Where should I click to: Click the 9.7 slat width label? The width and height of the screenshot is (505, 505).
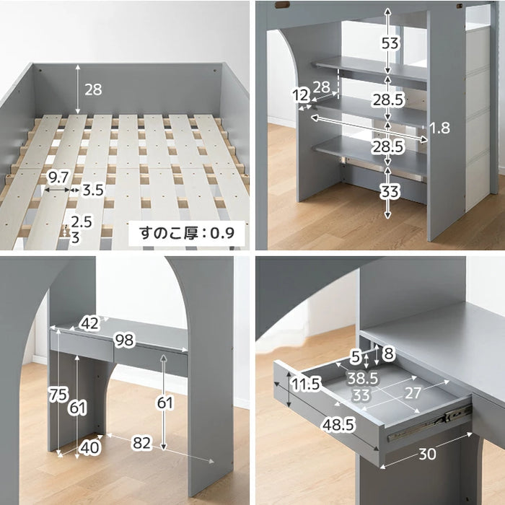tap(58, 177)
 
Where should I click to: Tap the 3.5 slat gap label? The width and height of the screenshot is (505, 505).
tap(93, 190)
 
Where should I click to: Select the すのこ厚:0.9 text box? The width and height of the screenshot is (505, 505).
tap(187, 233)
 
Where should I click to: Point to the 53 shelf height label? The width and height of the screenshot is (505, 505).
tap(390, 43)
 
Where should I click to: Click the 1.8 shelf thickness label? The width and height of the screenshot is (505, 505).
tap(440, 128)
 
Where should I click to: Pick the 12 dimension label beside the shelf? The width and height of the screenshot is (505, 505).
tap(301, 95)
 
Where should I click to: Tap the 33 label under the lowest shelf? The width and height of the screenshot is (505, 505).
tap(390, 192)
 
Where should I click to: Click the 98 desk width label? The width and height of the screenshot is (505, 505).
tap(124, 340)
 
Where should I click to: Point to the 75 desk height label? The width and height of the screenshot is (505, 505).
tap(58, 395)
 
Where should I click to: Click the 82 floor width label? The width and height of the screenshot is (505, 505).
tap(141, 443)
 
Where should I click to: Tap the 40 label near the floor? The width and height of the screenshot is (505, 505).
tap(90, 448)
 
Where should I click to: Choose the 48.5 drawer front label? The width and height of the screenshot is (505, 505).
tap(339, 425)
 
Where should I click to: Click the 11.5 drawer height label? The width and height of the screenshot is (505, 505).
tap(306, 384)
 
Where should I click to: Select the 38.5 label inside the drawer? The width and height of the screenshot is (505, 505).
tap(362, 379)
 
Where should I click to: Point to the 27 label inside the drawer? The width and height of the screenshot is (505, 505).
tap(413, 393)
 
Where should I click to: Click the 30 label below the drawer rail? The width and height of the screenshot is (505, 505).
tap(427, 454)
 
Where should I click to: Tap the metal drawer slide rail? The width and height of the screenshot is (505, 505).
tap(429, 423)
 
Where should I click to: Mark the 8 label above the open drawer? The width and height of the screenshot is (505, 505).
tap(388, 353)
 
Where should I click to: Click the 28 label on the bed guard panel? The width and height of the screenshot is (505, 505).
tap(93, 89)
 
